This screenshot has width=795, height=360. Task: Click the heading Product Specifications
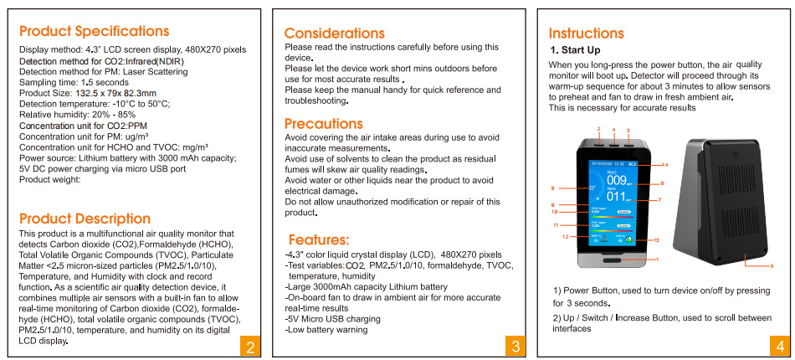94,32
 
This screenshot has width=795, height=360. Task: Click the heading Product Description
85,219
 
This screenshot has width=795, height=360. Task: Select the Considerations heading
335,33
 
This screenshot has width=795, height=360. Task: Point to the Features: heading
318,239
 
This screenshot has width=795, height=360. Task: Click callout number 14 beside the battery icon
665,165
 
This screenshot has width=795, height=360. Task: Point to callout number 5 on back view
772,266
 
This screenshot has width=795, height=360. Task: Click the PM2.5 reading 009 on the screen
617,180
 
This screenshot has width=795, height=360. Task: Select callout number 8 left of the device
552,188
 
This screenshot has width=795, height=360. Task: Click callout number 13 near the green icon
655,240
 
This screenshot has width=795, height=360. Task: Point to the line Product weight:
50,179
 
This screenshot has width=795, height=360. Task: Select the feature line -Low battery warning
326,330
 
